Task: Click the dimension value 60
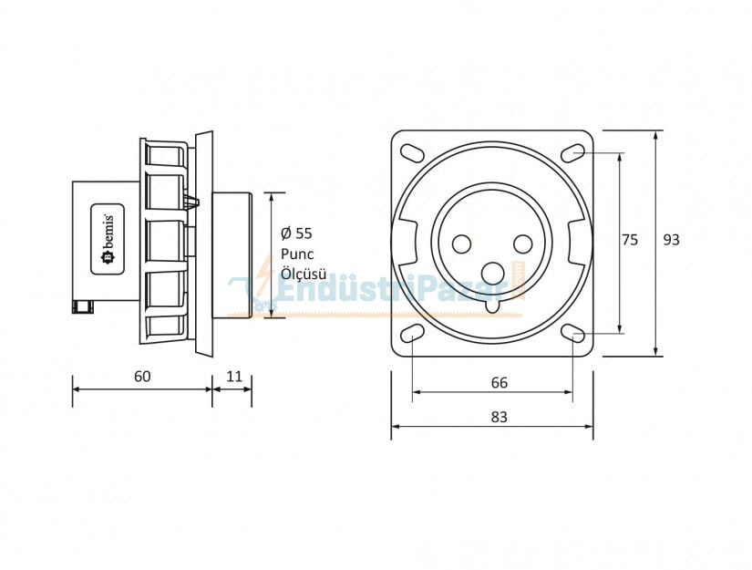[141, 376]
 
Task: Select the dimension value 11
[234, 376]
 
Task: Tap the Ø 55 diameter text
[297, 233]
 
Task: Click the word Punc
[296, 254]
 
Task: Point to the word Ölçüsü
[304, 274]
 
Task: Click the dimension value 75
[630, 240]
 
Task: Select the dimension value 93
[671, 240]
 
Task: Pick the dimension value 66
[500, 383]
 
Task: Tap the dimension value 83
[499, 417]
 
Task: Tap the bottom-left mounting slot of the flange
[412, 333]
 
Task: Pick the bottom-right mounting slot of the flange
[573, 333]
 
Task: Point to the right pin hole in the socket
[522, 244]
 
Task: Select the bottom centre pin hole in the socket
[492, 272]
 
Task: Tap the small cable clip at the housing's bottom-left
[83, 306]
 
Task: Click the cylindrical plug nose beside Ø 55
[232, 254]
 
